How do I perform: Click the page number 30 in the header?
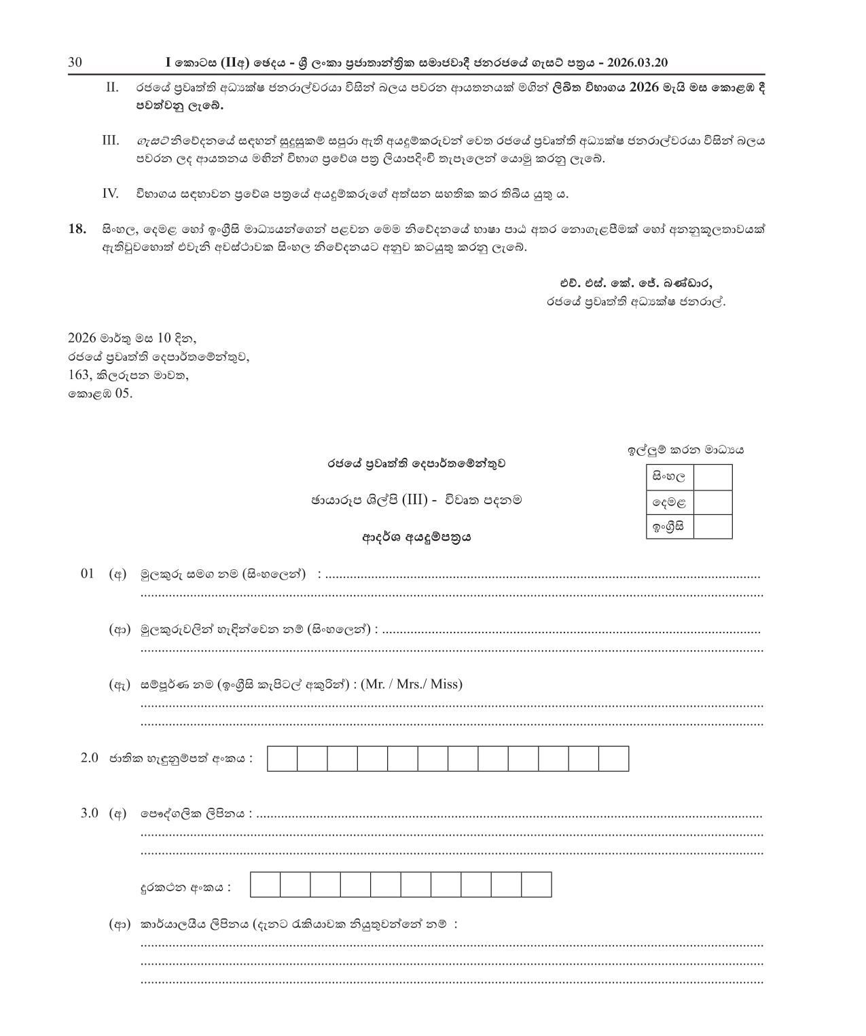pos(75,62)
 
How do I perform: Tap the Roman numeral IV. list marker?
pos(110,194)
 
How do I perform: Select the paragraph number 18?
pos(77,229)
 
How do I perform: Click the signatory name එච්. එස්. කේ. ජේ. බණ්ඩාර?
pos(636,284)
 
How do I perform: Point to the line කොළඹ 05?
pos(100,393)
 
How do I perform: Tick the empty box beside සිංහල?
pos(712,477)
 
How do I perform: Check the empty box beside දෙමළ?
pos(712,502)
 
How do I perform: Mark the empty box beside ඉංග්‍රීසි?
pos(712,526)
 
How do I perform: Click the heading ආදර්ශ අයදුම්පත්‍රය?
pos(416,537)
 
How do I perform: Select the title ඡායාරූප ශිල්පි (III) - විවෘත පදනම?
pos(416,500)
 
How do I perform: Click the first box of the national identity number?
pos(282,759)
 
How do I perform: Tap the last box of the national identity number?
pos(613,759)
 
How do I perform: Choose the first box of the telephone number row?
pos(265,885)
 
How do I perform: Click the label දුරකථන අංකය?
pos(185,887)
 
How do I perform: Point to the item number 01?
pos(87,574)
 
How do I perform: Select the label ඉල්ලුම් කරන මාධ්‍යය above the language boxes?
pos(685,450)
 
